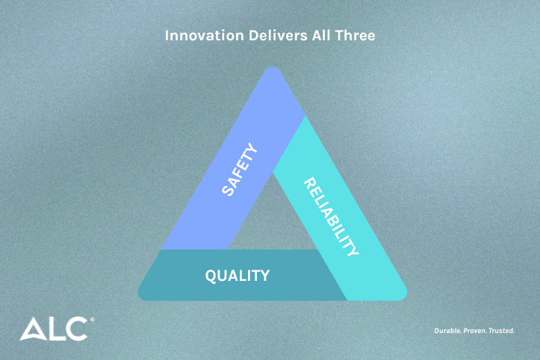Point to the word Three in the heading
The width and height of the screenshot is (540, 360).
(353, 35)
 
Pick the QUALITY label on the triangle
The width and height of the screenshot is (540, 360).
(238, 276)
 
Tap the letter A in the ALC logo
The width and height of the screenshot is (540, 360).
(33, 329)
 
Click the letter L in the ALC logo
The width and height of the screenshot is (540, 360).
(56, 329)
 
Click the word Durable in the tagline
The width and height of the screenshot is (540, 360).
(449, 329)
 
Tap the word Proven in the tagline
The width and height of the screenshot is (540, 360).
(478, 329)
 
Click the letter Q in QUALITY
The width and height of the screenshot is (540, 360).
(211, 276)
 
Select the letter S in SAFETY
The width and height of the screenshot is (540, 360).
(227, 190)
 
